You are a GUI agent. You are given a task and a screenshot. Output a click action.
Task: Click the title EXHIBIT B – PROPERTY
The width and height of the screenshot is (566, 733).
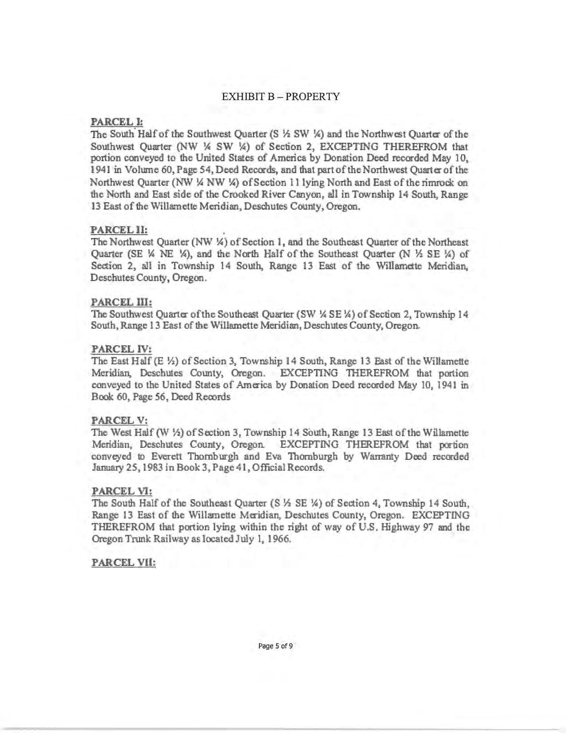click(x=281, y=96)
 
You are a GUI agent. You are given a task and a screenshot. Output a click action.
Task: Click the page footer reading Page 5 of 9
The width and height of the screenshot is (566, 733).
click(x=275, y=646)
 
